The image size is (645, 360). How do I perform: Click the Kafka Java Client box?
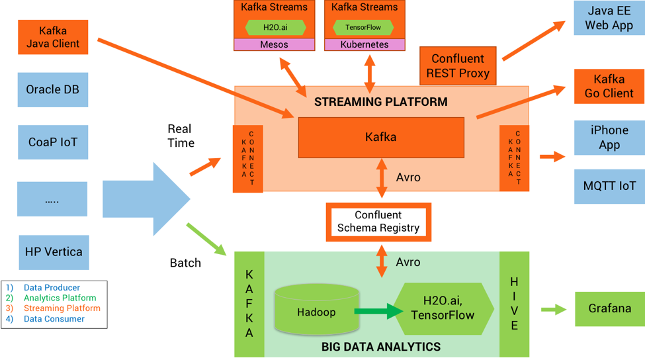[53, 37]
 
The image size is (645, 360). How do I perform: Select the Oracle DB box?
[53, 89]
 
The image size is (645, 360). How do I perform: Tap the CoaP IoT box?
[53, 142]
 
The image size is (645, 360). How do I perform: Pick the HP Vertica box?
[54, 252]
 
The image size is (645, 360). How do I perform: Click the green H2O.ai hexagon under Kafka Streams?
[275, 27]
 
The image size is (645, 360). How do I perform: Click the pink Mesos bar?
[275, 44]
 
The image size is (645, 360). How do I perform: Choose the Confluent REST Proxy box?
[458, 66]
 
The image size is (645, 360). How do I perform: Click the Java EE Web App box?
[609, 18]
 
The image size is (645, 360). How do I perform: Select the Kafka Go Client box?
[609, 86]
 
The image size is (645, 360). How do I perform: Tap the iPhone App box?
[609, 138]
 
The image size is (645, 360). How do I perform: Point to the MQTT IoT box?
[609, 186]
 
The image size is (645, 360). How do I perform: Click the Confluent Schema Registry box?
[378, 222]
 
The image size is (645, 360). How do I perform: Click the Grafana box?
[609, 308]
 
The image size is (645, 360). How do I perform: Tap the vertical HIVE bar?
[514, 304]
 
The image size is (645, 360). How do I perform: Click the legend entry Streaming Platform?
[62, 308]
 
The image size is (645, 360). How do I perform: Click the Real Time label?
[181, 136]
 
